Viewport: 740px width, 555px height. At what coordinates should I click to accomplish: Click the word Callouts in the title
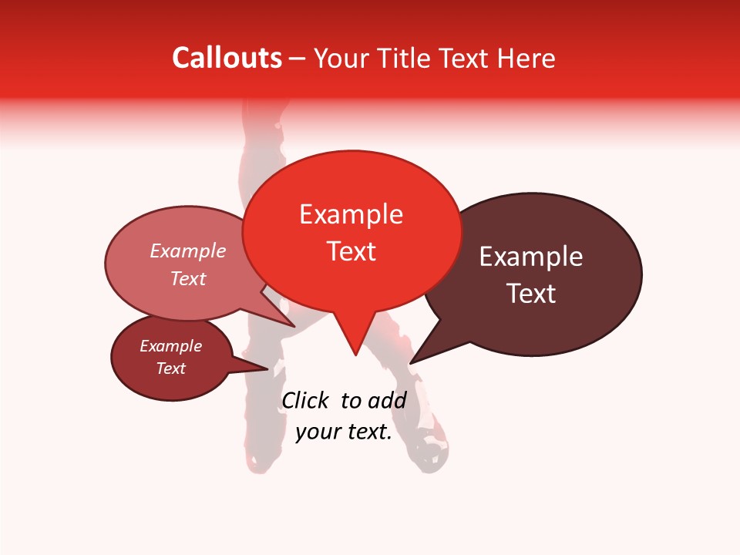pos(227,58)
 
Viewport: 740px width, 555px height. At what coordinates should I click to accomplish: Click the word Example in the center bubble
pos(351,214)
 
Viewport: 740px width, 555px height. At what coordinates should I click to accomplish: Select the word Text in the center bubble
pos(351,251)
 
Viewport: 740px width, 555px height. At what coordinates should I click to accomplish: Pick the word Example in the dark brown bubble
pos(531,257)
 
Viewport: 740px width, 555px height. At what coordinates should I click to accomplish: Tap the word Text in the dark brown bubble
pos(531,294)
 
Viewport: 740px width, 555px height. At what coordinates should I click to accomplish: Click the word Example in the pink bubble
pos(187,251)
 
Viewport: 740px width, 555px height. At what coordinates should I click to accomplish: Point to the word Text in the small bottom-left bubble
pos(170,368)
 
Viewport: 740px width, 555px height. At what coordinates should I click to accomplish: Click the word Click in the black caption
pos(305,400)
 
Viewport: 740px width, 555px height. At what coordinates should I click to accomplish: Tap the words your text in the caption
pos(343,432)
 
